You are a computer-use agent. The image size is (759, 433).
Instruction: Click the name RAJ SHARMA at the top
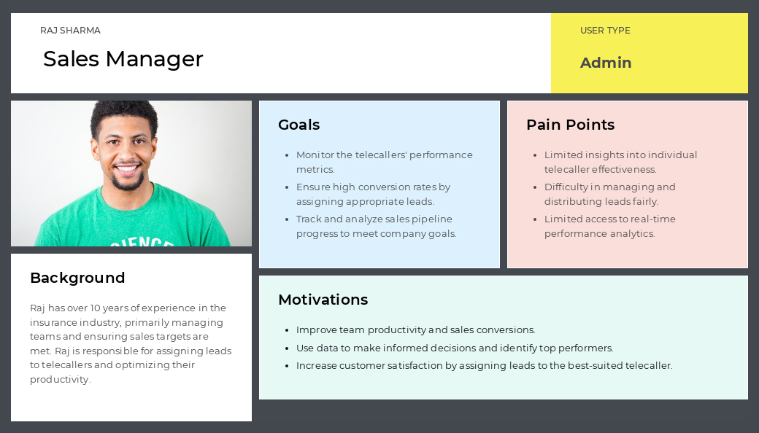[70, 31]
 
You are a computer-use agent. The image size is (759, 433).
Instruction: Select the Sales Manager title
[123, 59]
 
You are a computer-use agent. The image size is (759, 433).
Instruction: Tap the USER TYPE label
[605, 31]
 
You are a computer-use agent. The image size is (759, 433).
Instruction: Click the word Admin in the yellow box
[606, 63]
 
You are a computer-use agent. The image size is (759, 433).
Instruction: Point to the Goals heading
[298, 125]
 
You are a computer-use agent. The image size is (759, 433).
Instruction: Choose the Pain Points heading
[570, 125]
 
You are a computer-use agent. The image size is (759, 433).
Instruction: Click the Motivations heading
[323, 300]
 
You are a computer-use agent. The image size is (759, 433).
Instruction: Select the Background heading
[77, 278]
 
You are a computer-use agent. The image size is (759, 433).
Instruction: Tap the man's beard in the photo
[128, 183]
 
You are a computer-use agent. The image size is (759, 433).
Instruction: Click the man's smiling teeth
[127, 168]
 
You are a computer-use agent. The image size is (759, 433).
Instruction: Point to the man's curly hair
[124, 115]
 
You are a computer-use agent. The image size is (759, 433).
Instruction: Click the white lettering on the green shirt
[142, 241]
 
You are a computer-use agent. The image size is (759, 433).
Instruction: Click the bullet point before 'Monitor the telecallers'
[287, 155]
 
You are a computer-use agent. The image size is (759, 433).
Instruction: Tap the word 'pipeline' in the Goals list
[432, 219]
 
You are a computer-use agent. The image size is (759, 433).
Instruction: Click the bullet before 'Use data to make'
[287, 348]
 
